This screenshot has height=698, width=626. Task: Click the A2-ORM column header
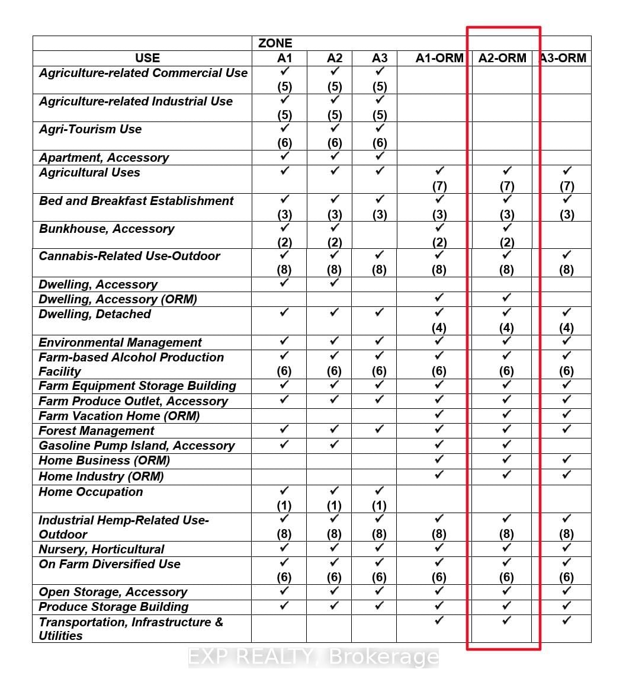coord(502,58)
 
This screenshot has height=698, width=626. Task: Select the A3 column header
coord(380,58)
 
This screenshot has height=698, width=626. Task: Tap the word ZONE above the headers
coord(275,43)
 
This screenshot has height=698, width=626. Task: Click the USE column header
coord(147,58)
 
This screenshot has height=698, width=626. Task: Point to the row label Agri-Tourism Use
coord(90,129)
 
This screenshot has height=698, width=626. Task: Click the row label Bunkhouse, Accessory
coord(107,229)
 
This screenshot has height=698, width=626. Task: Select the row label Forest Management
coord(96,431)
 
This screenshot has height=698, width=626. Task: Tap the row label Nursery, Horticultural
coord(101,549)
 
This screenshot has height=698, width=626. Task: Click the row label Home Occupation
coord(91,492)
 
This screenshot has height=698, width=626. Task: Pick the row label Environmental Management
coord(120,342)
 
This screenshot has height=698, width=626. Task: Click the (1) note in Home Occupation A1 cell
coord(284,505)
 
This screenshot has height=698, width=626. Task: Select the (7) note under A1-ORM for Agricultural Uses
coord(439,185)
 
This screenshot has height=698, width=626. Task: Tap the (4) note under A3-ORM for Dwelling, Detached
coord(566,328)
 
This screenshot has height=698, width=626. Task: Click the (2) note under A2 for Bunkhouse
coord(335,242)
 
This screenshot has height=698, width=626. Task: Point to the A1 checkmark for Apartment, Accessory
coord(285,156)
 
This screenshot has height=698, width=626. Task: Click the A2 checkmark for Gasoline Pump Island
coord(335,444)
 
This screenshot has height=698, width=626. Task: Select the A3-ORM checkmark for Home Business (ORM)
coord(567,459)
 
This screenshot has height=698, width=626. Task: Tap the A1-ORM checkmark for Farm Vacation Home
coord(439,414)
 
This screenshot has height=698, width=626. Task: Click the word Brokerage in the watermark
coord(383,657)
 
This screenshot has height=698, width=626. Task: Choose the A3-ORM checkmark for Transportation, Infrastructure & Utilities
coord(567,620)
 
